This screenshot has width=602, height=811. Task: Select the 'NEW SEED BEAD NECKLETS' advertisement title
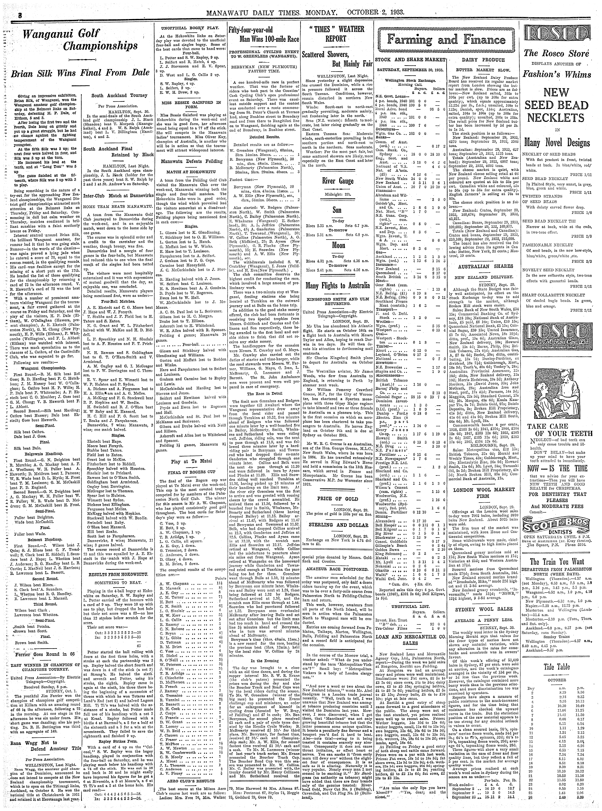coord(556,106)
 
